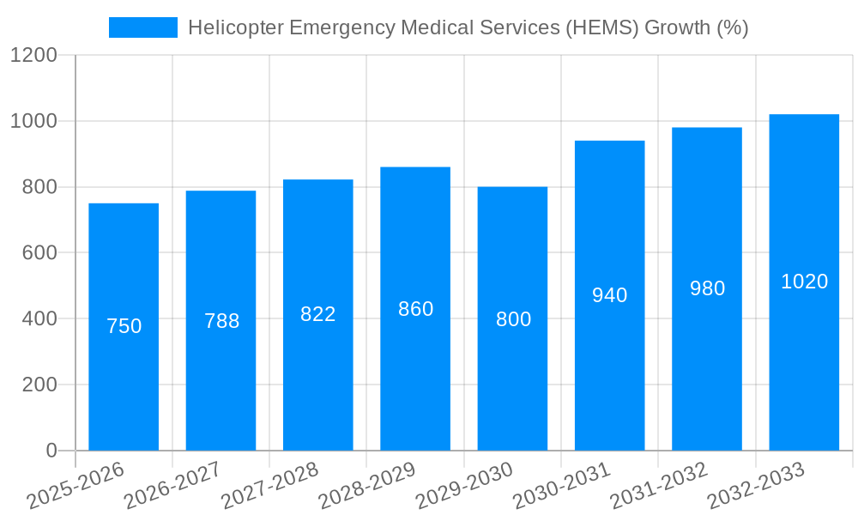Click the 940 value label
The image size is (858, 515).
pos(610,295)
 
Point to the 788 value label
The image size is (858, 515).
pos(221,321)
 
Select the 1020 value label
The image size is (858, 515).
pos(804,282)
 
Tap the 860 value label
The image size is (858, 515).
pos(415,309)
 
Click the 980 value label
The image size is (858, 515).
pos(707,288)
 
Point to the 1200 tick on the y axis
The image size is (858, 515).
pos(33,56)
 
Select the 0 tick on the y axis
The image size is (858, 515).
pos(51,451)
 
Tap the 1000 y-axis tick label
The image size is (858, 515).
pos(33,121)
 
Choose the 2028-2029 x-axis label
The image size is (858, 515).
pos(367,486)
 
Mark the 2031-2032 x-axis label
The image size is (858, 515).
pos(659,486)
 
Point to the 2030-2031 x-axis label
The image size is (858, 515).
pos(562,486)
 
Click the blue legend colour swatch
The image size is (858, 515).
pos(142,27)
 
